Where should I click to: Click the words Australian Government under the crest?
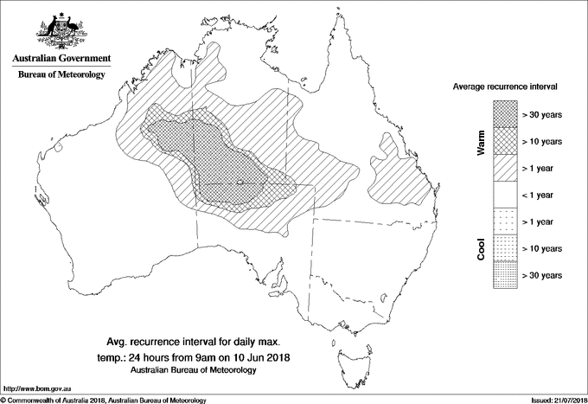(x=61, y=59)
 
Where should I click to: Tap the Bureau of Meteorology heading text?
(x=61, y=75)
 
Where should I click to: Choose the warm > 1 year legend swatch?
(x=506, y=168)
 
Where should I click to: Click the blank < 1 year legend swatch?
(x=506, y=195)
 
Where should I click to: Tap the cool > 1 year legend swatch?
(x=506, y=221)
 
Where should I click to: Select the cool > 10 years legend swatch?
(x=506, y=248)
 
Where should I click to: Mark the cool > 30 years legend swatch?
(x=506, y=274)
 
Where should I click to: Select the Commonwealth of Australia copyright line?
(x=104, y=400)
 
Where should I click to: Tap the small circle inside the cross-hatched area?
(x=240, y=182)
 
